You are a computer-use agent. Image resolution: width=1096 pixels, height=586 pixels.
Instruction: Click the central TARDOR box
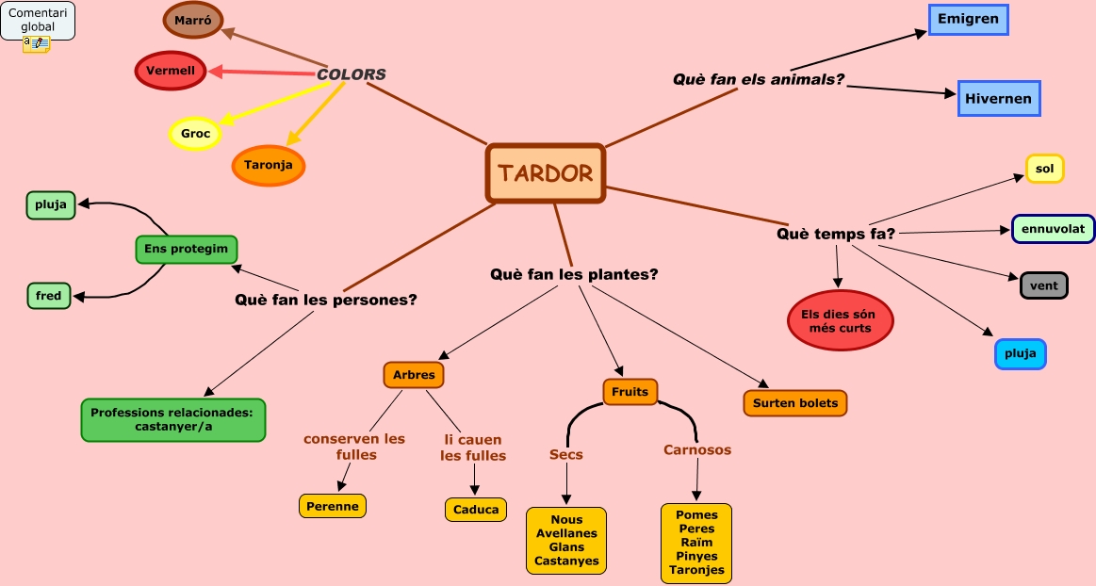coord(546,173)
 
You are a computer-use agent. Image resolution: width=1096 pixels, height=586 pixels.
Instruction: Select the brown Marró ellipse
coord(193,20)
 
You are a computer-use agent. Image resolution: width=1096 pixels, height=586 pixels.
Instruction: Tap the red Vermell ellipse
coord(171,71)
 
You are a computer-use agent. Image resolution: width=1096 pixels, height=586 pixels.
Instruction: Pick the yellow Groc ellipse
coord(195,134)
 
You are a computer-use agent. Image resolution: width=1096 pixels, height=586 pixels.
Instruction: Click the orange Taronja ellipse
coord(269,166)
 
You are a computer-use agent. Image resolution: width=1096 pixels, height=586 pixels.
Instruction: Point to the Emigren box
coord(968,20)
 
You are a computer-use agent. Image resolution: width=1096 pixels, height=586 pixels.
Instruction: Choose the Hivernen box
coord(999,98)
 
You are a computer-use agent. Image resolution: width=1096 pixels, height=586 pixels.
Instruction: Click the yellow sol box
coord(1044,169)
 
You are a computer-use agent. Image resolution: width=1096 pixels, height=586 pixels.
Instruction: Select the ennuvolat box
coord(1054,228)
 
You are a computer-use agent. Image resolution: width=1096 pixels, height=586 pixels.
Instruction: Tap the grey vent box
coord(1044,285)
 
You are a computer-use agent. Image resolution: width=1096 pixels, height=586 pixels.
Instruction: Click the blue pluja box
coord(1020,354)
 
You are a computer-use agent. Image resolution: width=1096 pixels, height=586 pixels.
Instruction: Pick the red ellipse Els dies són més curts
coord(841,320)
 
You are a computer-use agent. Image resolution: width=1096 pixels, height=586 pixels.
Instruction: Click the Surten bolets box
coord(795,403)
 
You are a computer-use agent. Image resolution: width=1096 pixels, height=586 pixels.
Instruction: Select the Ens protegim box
coord(186,249)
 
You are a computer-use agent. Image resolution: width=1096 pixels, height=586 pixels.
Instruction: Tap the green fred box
coord(49,296)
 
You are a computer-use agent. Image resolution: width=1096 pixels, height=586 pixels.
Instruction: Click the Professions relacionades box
coord(173,420)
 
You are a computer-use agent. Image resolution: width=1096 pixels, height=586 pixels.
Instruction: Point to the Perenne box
coord(333,506)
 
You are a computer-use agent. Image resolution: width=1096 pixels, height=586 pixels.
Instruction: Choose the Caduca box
coord(476,510)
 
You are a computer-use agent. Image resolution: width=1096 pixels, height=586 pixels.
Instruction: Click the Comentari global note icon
coord(37,44)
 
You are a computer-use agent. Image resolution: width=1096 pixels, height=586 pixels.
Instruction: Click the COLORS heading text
coord(351,74)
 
